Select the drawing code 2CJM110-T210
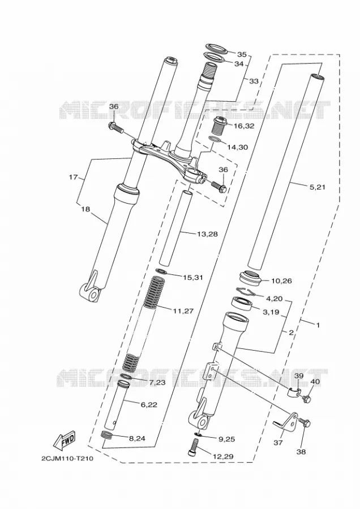pos(67,459)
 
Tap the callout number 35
pos(241,54)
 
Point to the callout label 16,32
pos(244,126)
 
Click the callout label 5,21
pos(318,187)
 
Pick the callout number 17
pos(74,177)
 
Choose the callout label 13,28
pos(207,234)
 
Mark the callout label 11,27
pos(183,311)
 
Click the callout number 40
pos(316,382)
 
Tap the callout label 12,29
pos(223,456)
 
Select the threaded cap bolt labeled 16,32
pos(220,126)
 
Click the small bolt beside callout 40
pos(306,398)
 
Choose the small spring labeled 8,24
pos(106,435)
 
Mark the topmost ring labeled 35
pos(216,48)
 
